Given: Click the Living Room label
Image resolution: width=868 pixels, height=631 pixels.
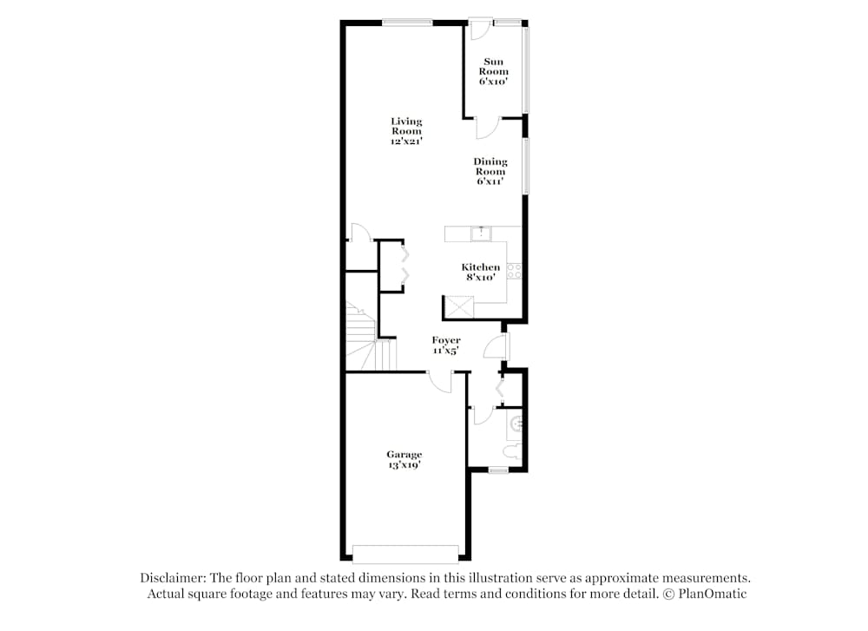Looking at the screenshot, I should [x=405, y=130].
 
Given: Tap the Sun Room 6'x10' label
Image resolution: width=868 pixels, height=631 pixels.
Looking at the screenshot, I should [x=494, y=71].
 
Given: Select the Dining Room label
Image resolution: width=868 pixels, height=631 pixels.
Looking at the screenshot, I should [x=490, y=171].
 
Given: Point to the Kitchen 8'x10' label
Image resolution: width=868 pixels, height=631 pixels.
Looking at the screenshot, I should [x=480, y=272].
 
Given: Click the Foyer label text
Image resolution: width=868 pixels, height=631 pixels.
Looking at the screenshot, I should [x=446, y=345].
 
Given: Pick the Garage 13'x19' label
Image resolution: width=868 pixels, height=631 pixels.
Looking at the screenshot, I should [x=404, y=459].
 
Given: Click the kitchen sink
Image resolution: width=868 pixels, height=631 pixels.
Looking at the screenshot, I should [x=480, y=233].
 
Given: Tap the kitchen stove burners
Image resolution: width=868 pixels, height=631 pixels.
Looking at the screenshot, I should [x=514, y=271].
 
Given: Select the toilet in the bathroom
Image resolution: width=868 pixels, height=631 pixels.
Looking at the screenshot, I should [x=514, y=450].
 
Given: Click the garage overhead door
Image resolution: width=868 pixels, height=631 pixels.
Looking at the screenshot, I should [x=405, y=552].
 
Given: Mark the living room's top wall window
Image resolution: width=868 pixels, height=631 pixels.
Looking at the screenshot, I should [x=407, y=23].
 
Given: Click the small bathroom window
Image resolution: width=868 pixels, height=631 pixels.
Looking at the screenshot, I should [x=497, y=470].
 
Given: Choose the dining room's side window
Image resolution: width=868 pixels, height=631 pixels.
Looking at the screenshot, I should [x=525, y=164].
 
